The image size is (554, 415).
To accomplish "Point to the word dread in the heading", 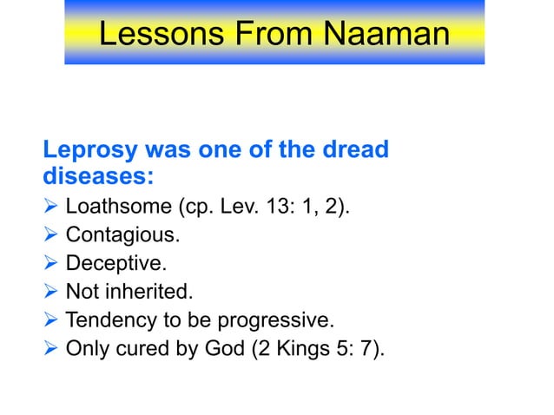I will point(350,149).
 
